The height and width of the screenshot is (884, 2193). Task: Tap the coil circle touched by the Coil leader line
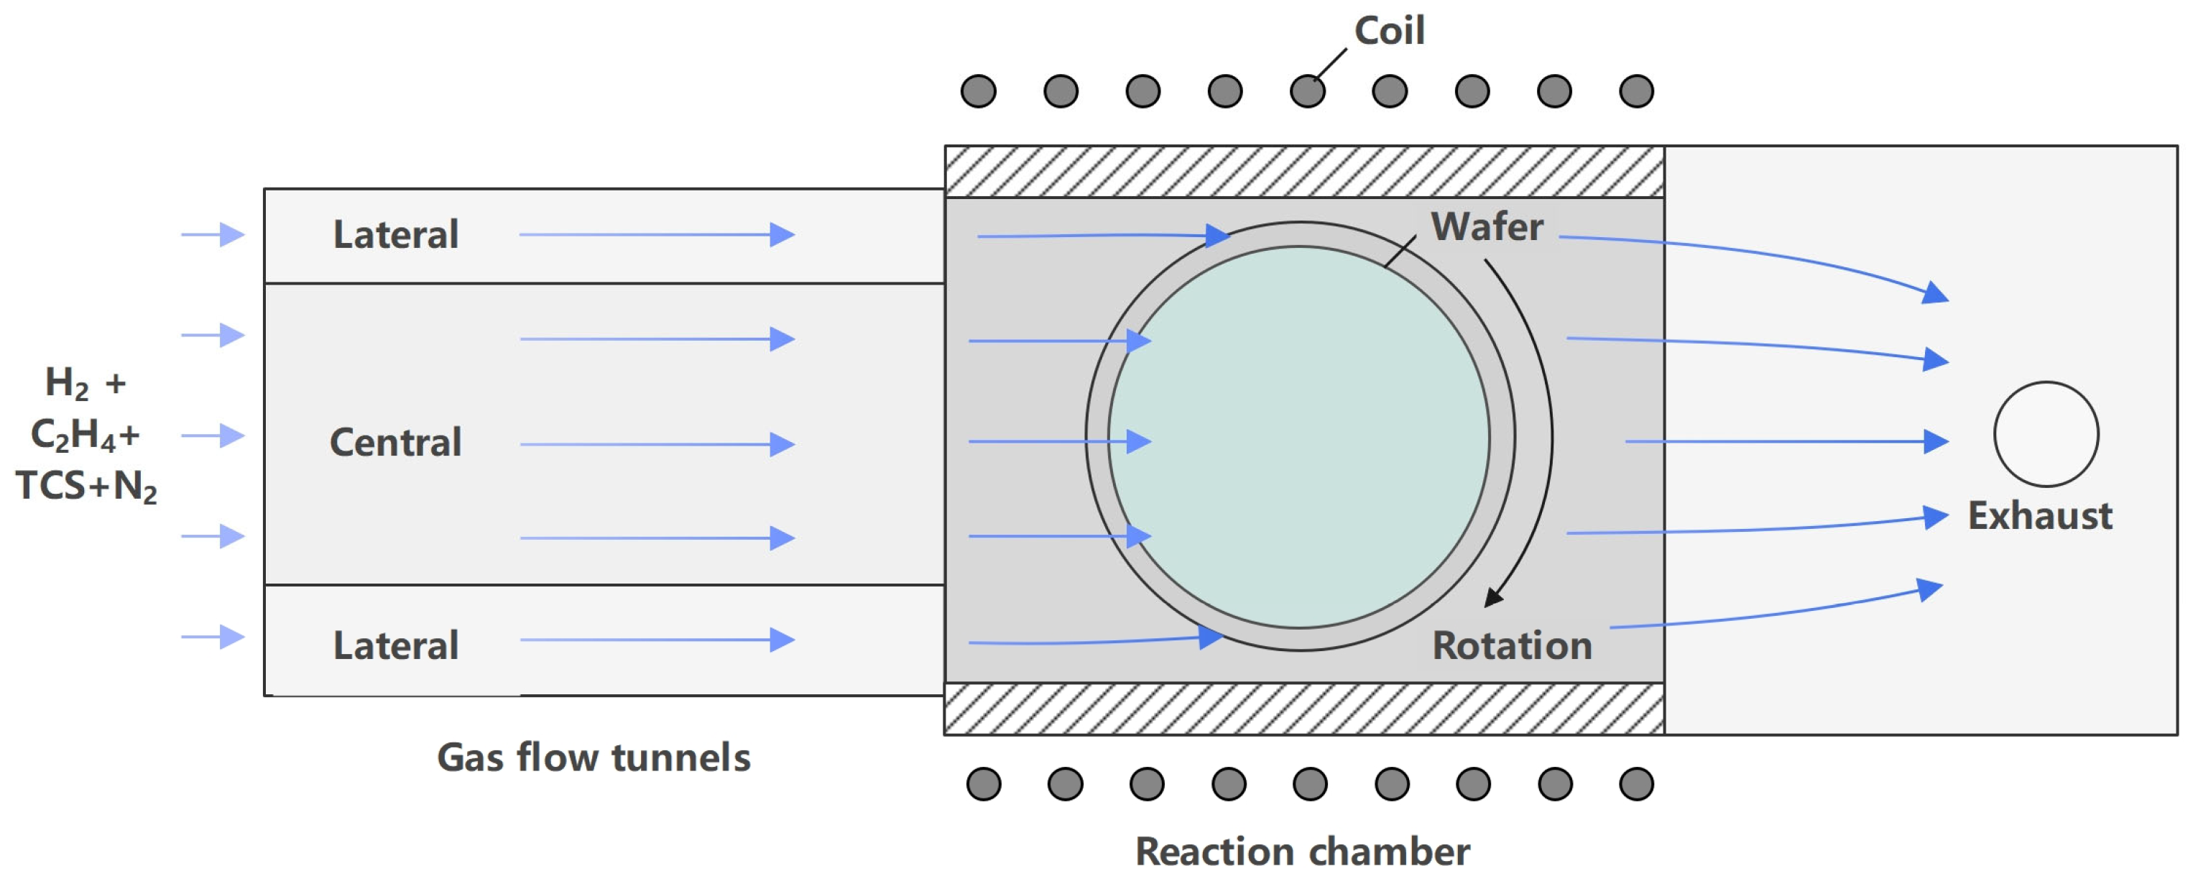click(x=1307, y=91)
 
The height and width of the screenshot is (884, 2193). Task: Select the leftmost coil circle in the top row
click(x=978, y=91)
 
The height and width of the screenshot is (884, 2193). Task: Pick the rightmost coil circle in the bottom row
click(x=1635, y=783)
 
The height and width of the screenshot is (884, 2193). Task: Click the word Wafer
click(x=1487, y=226)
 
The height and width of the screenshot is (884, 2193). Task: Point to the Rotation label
click(x=1511, y=645)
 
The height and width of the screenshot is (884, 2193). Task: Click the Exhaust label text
click(x=2039, y=516)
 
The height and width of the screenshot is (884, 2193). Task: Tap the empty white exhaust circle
click(x=2046, y=434)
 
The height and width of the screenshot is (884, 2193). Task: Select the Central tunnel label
click(x=395, y=443)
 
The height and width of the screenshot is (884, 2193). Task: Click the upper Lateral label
click(x=395, y=235)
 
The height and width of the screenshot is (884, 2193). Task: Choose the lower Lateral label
click(x=395, y=645)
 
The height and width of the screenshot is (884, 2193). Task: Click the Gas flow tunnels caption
click(x=594, y=757)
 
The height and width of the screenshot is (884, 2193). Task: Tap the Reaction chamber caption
click(x=1302, y=852)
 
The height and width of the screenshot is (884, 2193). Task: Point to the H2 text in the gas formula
click(x=66, y=383)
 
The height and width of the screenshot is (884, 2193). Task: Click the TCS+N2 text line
click(x=86, y=487)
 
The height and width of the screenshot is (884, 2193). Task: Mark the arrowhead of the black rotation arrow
click(x=1492, y=598)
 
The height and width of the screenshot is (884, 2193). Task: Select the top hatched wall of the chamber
click(x=1303, y=172)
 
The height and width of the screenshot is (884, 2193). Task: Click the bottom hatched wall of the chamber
click(x=1303, y=709)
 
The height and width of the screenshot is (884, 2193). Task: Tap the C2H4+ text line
click(x=84, y=436)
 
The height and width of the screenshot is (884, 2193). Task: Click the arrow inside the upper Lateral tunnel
click(x=656, y=234)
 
